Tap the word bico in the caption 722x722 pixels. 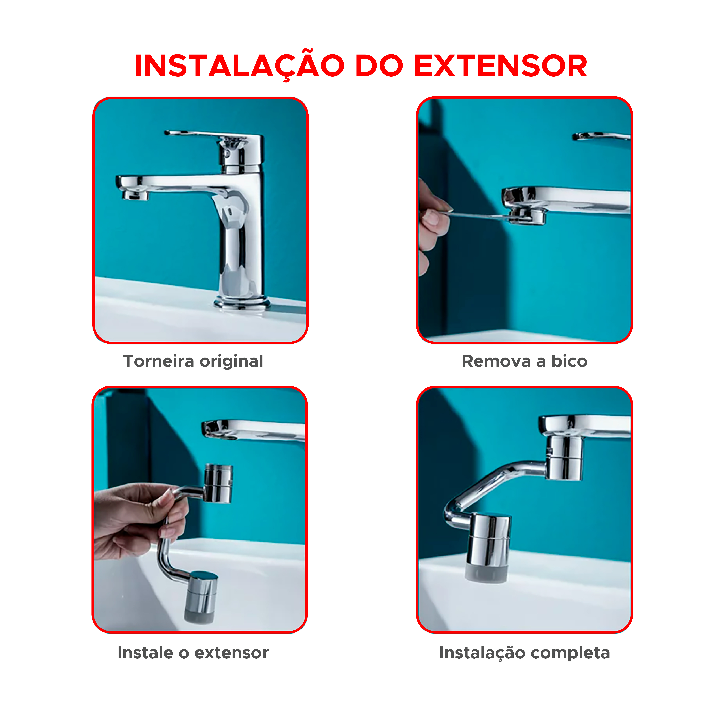pyautogui.click(x=569, y=361)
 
